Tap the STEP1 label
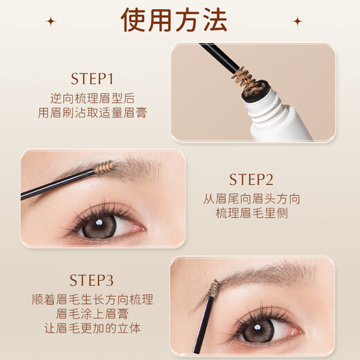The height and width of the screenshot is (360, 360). pos(92,78)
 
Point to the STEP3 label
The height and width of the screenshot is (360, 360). pos(92,280)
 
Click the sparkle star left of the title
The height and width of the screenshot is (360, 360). pos(51,21)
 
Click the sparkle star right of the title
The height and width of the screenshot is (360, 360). pos(298,21)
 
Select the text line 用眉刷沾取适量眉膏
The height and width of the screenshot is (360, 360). pos(92,113)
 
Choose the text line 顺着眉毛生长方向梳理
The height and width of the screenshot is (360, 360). pos(92,300)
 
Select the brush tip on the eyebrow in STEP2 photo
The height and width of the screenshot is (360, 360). pos(103,168)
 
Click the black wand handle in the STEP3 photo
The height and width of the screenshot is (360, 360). pos(202,325)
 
